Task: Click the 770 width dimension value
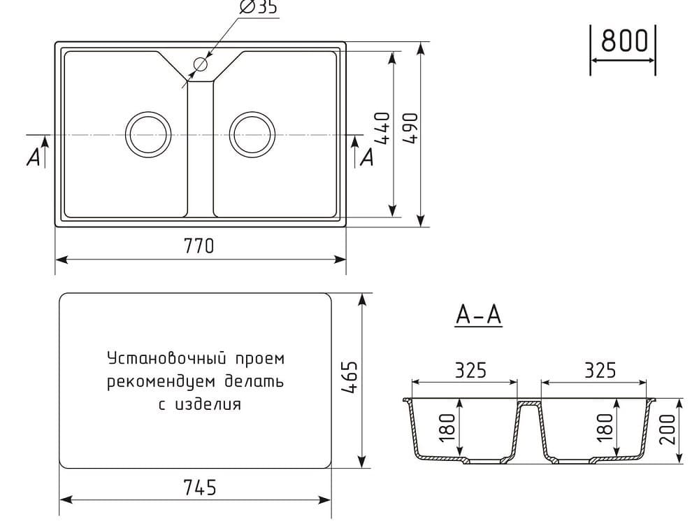click(x=199, y=246)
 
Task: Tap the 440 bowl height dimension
click(x=382, y=128)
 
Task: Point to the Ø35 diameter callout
click(x=259, y=8)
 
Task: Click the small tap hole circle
click(x=201, y=64)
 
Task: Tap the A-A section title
click(x=479, y=316)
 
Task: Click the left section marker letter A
click(x=34, y=159)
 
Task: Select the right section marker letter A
click(x=366, y=159)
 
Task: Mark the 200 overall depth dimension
click(x=669, y=429)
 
